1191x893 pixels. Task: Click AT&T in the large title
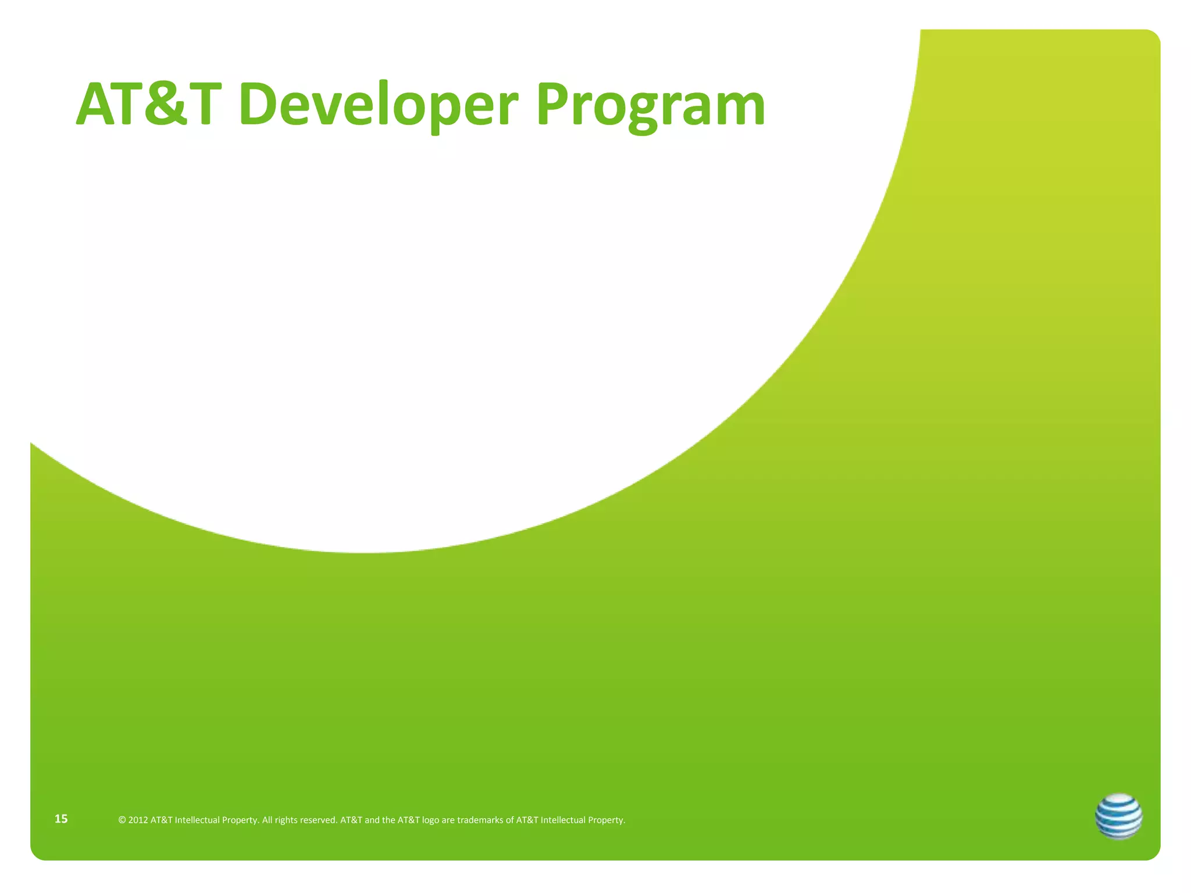149,105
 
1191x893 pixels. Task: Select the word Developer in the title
377,105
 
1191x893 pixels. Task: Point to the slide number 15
61,819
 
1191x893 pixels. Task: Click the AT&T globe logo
1118,816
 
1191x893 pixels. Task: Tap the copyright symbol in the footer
122,820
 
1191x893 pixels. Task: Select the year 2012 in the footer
138,820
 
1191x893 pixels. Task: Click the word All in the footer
267,820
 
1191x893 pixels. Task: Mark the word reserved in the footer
319,820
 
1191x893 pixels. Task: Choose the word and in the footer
372,820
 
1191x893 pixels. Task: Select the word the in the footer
388,820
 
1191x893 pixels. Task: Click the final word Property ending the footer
606,820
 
